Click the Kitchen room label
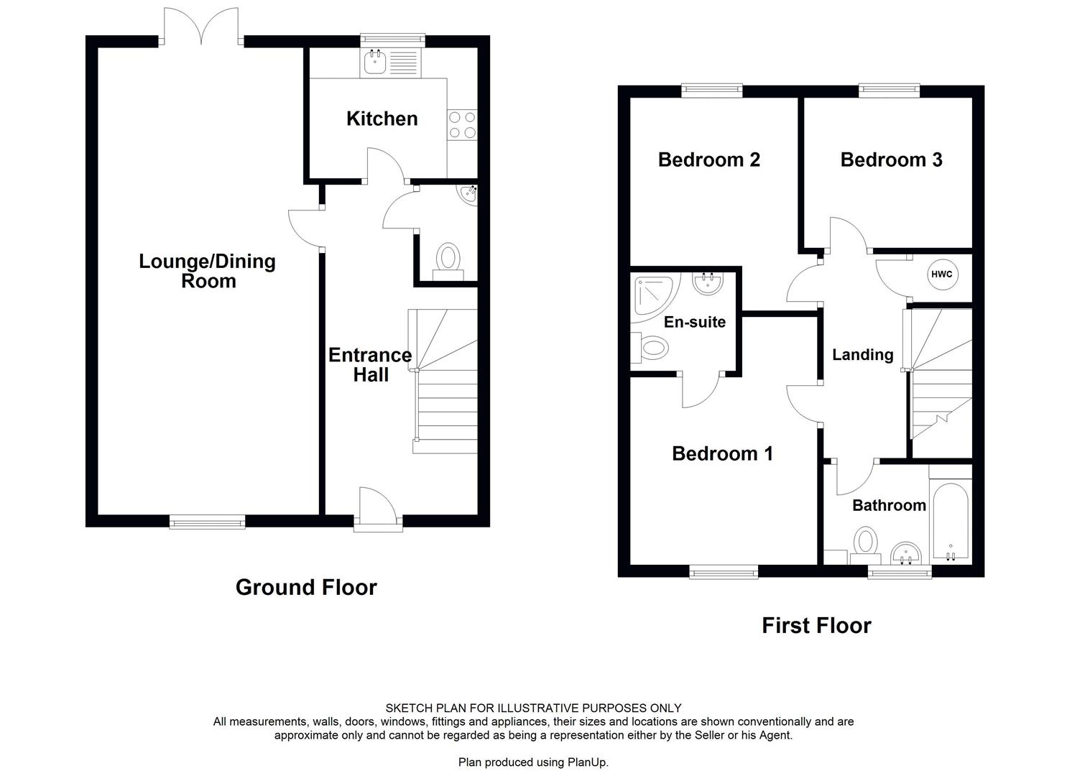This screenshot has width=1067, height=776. click(x=382, y=119)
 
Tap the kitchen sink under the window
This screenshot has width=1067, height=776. click(x=375, y=63)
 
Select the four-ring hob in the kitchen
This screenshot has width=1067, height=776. click(x=461, y=124)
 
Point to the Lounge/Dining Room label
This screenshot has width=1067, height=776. click(x=207, y=271)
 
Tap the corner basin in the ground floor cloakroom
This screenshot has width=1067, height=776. click(x=469, y=194)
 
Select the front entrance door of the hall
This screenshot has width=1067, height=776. click(x=378, y=512)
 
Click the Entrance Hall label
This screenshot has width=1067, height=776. click(x=370, y=364)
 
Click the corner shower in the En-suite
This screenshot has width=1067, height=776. click(x=652, y=295)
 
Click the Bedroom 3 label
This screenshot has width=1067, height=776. click(x=891, y=160)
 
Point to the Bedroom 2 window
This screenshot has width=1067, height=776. click(x=711, y=90)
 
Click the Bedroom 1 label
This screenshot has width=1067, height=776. click(x=722, y=453)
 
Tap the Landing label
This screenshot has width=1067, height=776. click(x=862, y=354)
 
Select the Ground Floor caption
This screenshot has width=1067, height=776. click(x=306, y=587)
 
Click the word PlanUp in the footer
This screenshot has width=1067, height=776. click(x=586, y=762)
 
